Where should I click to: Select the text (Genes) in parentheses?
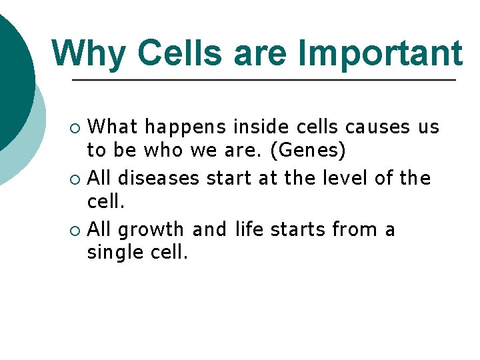tap(308, 151)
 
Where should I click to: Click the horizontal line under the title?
tap(263, 80)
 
